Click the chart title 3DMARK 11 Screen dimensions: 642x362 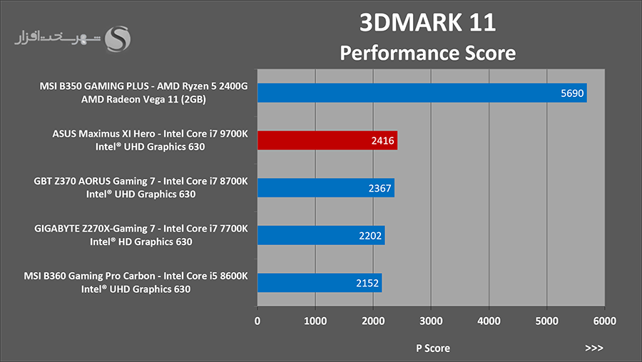pyautogui.click(x=427, y=23)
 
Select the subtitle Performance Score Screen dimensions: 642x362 pyautogui.click(x=428, y=53)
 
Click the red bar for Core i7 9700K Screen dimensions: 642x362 pyautogui.click(x=327, y=140)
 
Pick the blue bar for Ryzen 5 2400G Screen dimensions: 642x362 pyautogui.click(x=422, y=93)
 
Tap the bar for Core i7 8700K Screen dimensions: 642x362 pyautogui.click(x=326, y=187)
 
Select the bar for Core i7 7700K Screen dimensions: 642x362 pyautogui.click(x=321, y=235)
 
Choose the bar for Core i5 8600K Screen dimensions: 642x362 pyautogui.click(x=320, y=283)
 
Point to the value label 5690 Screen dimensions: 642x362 pyautogui.click(x=572, y=93)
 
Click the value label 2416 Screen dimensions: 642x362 pyautogui.click(x=382, y=140)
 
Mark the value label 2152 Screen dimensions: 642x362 pyautogui.click(x=367, y=283)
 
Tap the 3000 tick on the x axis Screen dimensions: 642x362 pyautogui.click(x=431, y=321)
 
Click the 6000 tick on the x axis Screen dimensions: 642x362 pyautogui.click(x=605, y=321)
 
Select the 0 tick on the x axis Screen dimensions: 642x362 pyautogui.click(x=257, y=321)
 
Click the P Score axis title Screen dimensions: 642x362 pyautogui.click(x=433, y=348)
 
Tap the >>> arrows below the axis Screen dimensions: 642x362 pyautogui.click(x=594, y=348)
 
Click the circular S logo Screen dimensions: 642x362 pyautogui.click(x=118, y=39)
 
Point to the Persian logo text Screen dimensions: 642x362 pyautogui.click(x=57, y=38)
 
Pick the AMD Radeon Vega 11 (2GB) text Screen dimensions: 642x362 pyautogui.click(x=143, y=99)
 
